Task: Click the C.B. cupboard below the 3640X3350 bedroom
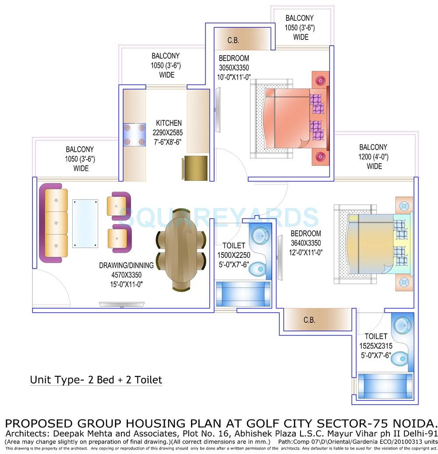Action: tap(309, 320)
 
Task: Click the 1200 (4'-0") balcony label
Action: tap(373, 157)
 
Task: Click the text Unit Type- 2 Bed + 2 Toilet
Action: tap(96, 379)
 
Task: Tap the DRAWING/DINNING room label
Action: tap(126, 265)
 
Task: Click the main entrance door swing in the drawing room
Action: tap(50, 287)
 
